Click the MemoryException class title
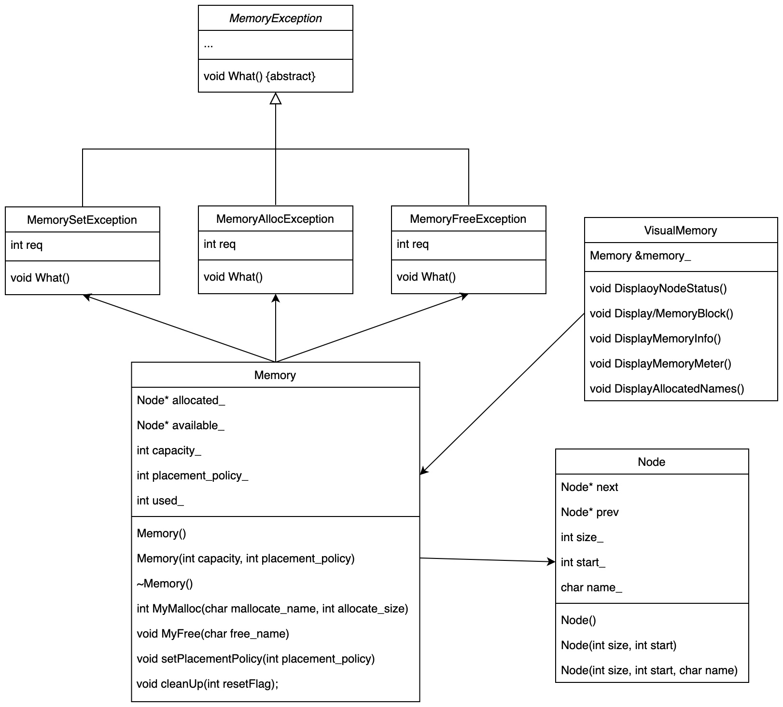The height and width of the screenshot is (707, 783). click(275, 18)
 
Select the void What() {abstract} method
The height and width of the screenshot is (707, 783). click(259, 76)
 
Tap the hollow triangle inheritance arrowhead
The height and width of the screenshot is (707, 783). click(276, 99)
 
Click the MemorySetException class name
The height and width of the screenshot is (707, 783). click(82, 220)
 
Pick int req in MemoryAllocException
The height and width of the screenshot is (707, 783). click(220, 244)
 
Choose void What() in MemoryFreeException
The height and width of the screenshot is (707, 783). click(426, 277)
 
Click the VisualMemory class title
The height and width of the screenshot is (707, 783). click(680, 231)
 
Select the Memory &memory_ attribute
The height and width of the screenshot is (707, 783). click(640, 256)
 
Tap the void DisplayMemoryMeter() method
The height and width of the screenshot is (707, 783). click(660, 364)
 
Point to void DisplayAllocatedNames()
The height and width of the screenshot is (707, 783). click(667, 389)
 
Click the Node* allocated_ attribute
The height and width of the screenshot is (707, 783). click(181, 400)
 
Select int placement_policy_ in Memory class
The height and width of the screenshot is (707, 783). click(192, 476)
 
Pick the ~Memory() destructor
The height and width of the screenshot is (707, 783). click(165, 584)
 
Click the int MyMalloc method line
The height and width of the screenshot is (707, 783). click(272, 609)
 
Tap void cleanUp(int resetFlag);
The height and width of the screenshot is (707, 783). click(208, 684)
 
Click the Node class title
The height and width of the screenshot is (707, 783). click(651, 462)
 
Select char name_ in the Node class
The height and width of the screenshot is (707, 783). click(591, 587)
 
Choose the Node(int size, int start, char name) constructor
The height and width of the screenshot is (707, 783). click(649, 670)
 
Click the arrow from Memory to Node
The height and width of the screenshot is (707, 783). click(488, 560)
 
